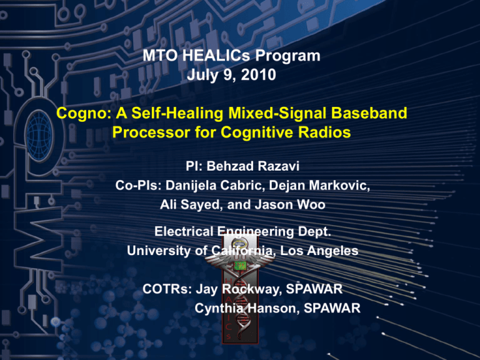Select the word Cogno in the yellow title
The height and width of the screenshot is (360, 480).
point(84,113)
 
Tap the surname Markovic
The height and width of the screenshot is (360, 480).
point(339,186)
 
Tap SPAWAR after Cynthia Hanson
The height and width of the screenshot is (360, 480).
point(332,308)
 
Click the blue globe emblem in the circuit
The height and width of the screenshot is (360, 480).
point(39,136)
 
